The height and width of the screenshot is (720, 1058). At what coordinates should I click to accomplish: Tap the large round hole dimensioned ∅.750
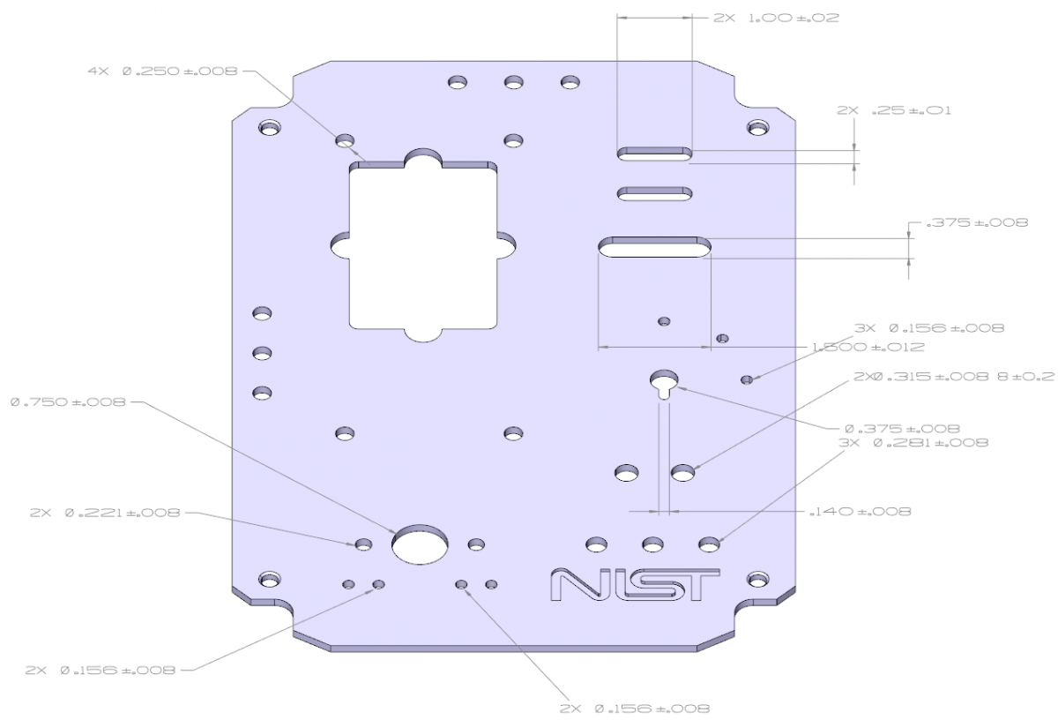[x=420, y=544]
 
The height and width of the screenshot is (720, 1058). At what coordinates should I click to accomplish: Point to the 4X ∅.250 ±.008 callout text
[x=162, y=71]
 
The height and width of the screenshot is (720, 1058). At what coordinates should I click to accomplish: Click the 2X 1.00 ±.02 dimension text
[x=775, y=18]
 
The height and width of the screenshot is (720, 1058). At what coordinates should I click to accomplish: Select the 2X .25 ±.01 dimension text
[x=893, y=111]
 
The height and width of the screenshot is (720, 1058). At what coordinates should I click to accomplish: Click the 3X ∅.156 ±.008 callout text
[x=929, y=328]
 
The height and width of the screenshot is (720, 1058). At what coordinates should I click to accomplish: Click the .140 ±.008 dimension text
[x=860, y=511]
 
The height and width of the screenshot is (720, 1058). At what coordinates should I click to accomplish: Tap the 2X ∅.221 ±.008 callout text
[x=104, y=513]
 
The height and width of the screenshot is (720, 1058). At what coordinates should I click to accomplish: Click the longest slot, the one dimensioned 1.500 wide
[x=654, y=247]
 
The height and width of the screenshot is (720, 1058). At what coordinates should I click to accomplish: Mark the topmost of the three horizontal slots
[x=654, y=154]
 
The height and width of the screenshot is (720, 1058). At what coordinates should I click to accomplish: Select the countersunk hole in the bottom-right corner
[x=756, y=580]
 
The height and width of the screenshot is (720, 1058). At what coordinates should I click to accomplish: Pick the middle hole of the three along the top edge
[x=514, y=83]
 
